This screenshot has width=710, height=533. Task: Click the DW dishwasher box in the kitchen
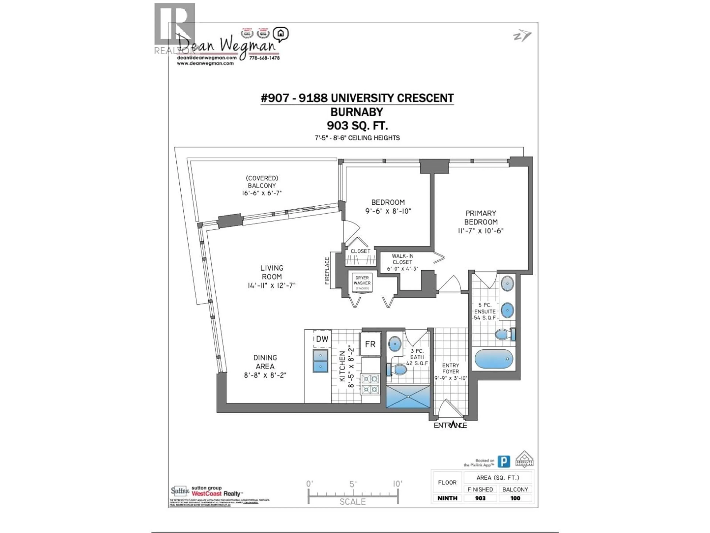322,339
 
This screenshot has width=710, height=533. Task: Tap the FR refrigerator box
370,344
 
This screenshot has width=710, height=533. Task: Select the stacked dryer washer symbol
362,283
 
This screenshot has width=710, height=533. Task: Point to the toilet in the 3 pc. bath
398,369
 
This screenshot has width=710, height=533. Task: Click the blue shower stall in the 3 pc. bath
408,397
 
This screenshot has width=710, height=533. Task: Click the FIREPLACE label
327,271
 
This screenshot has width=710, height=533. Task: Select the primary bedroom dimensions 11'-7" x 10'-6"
481,231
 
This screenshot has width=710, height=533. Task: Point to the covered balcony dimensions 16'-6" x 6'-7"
262,193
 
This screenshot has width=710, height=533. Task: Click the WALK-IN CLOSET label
403,259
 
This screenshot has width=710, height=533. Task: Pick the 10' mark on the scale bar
397,484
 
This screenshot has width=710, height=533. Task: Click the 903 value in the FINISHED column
480,498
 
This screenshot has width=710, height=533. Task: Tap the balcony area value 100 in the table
515,498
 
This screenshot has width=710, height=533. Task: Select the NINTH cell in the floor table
447,498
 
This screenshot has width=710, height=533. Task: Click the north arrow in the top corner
522,36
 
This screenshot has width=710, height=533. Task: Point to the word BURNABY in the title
357,112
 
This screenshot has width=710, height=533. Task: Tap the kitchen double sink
320,361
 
